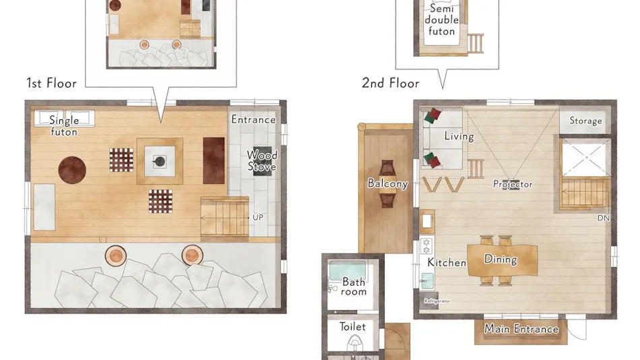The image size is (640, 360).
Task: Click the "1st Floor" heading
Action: click(51, 83)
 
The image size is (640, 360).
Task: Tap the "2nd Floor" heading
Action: click(391, 83)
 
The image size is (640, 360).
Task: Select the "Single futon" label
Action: click(64, 125)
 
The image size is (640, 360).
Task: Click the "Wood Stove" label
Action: click(262, 160)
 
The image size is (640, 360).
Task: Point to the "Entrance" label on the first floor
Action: click(253, 119)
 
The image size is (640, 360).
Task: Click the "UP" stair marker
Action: click(258, 217)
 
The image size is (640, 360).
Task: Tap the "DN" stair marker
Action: click(604, 218)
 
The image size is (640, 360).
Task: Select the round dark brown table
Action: click(72, 170)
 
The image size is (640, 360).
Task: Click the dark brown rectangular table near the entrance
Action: click(214, 160)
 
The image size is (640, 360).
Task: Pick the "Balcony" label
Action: click(388, 183)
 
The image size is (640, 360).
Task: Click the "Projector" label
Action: click(513, 184)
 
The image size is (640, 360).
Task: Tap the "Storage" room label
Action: click(585, 121)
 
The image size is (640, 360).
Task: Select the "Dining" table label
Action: click(501, 259)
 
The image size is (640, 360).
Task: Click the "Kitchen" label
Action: click(447, 262)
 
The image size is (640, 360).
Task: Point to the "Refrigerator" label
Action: click(437, 301)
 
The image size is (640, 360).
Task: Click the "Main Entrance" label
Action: click(521, 329)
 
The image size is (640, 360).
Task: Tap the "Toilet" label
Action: click(352, 326)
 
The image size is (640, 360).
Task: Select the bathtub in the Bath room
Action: click(348, 272)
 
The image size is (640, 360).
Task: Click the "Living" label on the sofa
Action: click(459, 136)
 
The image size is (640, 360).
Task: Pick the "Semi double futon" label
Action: click(442, 20)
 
